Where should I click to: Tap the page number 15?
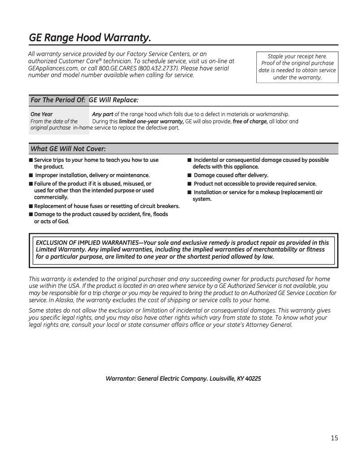[334, 438]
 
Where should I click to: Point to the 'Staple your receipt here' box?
[297, 67]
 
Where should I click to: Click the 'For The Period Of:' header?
[57, 100]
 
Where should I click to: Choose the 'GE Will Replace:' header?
[114, 100]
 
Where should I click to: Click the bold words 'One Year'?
[41, 114]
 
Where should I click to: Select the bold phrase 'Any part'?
[102, 114]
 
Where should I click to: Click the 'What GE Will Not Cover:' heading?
[68, 148]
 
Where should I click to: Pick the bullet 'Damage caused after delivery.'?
[231, 175]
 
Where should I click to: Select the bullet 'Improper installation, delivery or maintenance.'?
[92, 175]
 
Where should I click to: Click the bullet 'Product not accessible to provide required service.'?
[255, 184]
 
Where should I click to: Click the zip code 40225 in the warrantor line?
[253, 378]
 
